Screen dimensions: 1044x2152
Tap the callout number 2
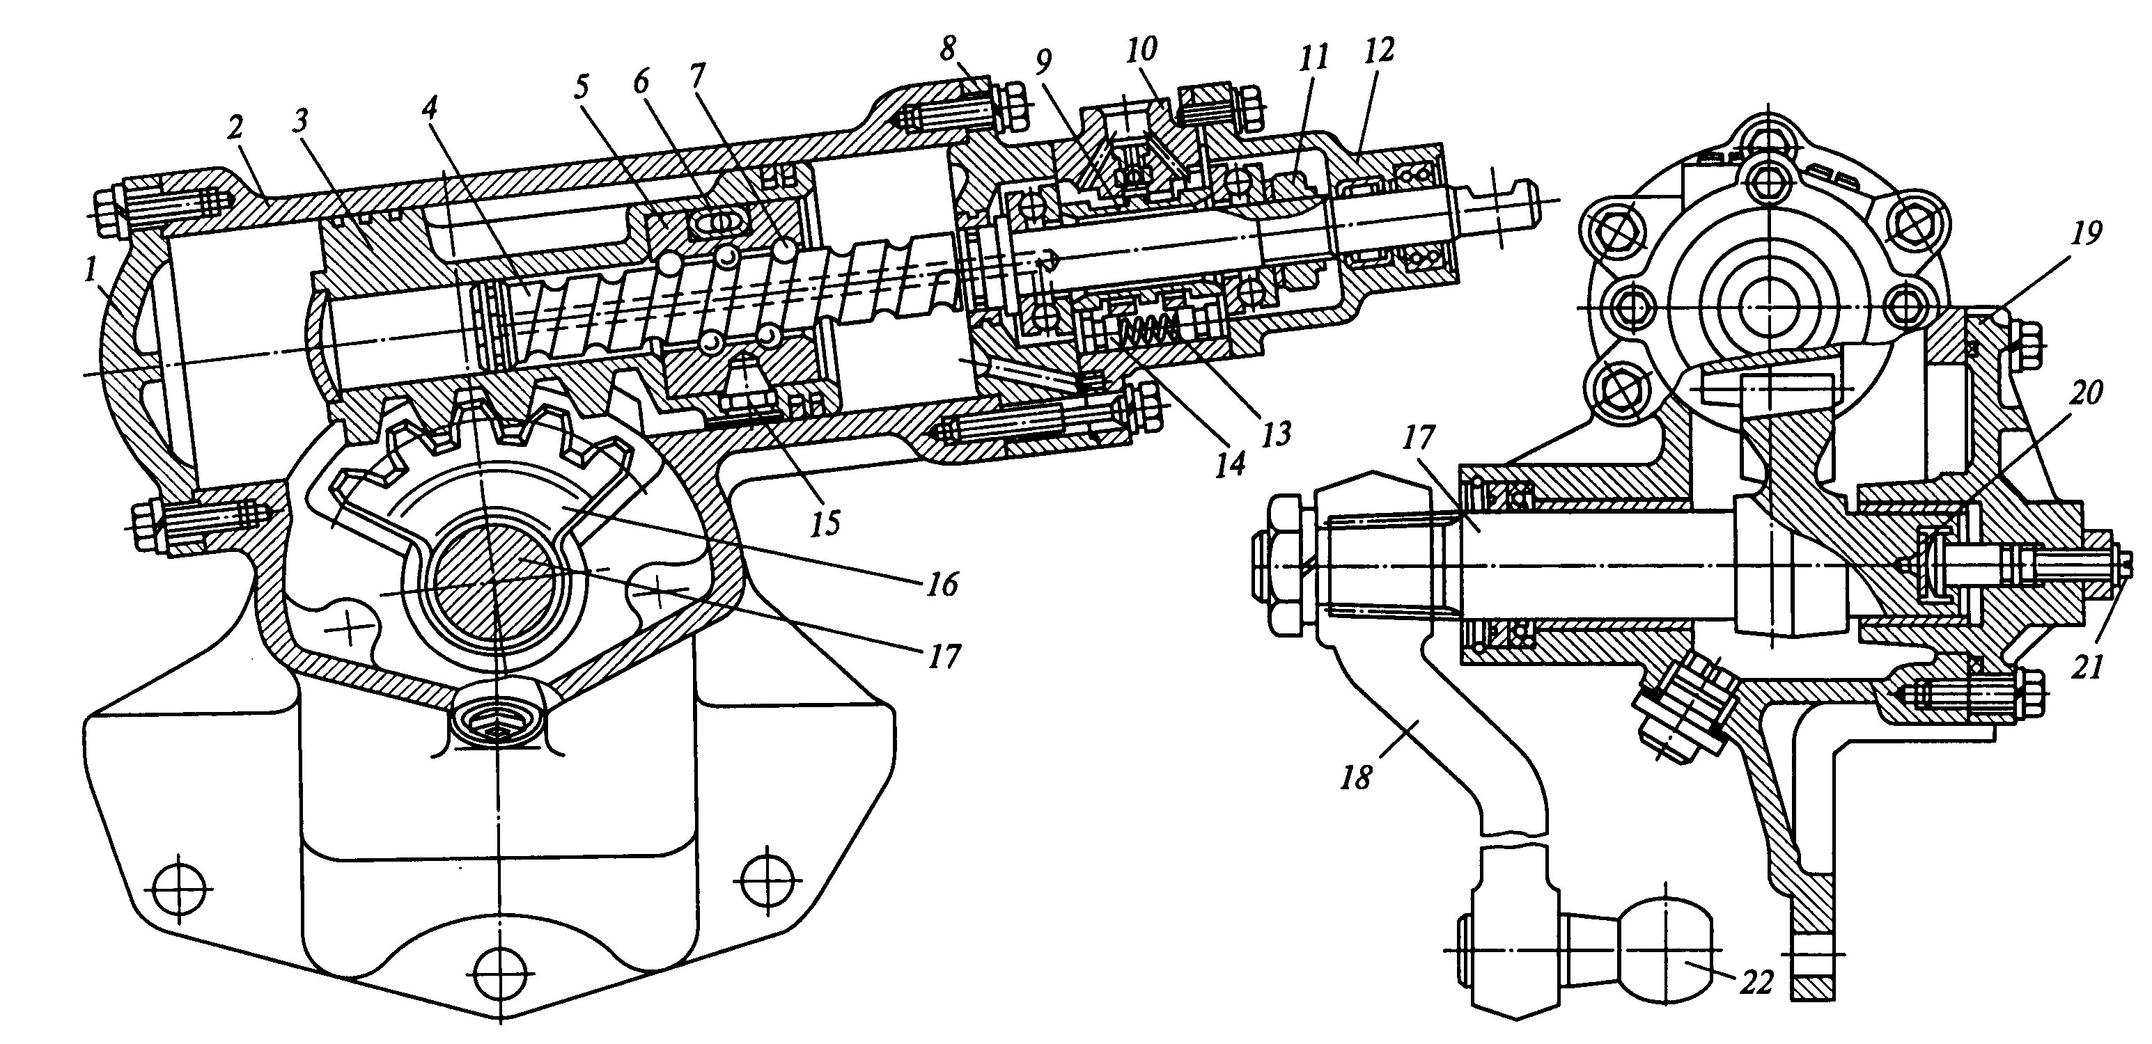(x=235, y=128)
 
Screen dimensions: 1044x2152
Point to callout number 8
(x=947, y=49)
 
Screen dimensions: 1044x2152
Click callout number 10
(x=1141, y=49)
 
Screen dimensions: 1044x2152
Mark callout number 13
(x=1277, y=434)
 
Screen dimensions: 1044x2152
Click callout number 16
(x=942, y=584)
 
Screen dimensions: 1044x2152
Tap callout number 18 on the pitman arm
(x=1356, y=778)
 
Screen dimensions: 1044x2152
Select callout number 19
(x=2087, y=233)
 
